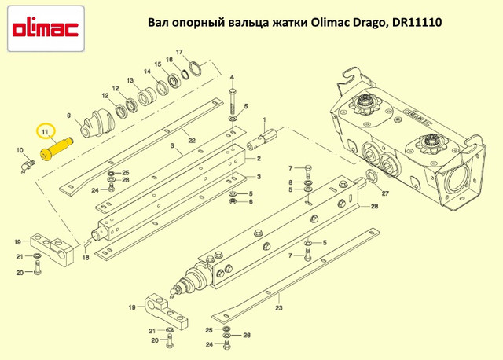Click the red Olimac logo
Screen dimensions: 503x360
coord(46,29)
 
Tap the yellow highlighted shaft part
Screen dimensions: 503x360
coord(56,149)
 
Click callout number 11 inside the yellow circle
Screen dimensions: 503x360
coord(45,132)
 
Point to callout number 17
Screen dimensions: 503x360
coord(179,52)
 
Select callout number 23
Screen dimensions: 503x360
coord(279,308)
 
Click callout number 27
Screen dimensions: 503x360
coord(385,193)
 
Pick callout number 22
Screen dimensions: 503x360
coord(192,141)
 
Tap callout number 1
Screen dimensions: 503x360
coord(264,120)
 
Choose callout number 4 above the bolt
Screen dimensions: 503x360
coord(232,78)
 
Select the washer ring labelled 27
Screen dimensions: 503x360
coord(372,176)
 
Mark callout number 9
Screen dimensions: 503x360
coord(68,116)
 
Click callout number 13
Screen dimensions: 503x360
coord(130,80)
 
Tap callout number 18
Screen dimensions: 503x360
coord(86,257)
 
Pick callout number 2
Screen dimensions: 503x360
coord(259,158)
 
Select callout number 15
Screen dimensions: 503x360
coord(158,64)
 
